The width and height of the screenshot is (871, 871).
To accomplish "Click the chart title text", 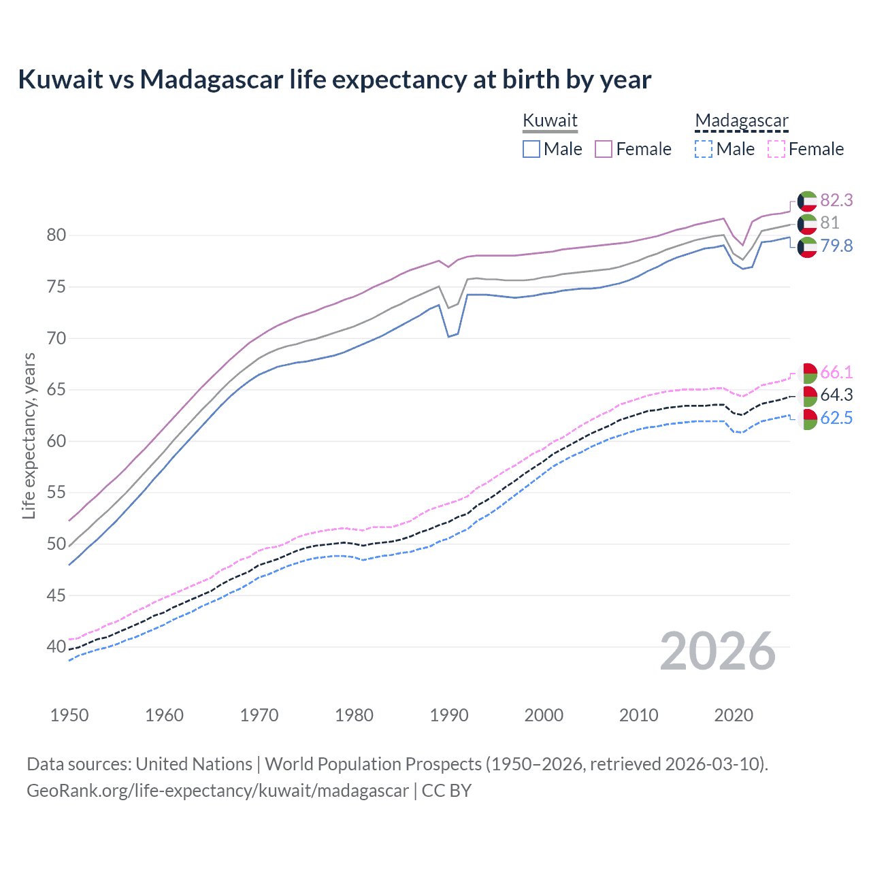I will point(334,80).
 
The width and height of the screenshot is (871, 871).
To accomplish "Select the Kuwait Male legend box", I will point(531,149).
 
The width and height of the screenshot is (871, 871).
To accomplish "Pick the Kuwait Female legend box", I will point(604,149).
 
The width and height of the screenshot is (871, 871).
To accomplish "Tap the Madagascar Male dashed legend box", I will point(704,149).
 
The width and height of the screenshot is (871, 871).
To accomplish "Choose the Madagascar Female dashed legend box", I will point(776,149).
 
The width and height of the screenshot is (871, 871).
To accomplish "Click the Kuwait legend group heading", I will point(550,120).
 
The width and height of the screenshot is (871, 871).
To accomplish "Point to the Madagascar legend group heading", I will point(741,120).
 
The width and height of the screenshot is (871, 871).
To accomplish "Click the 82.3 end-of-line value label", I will point(836,200).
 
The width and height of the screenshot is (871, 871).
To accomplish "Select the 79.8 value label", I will point(836,246).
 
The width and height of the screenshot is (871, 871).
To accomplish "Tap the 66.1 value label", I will point(836,372).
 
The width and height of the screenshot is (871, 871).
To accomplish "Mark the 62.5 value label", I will point(836,418).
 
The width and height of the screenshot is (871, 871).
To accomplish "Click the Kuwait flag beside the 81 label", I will point(807,223).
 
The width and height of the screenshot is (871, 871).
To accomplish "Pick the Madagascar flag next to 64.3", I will point(807,395).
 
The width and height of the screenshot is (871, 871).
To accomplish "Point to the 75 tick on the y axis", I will point(56,286).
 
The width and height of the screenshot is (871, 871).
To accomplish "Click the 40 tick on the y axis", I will point(56,646).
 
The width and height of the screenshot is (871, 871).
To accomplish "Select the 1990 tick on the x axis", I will point(449,715).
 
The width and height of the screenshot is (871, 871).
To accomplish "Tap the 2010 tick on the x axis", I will point(638,715).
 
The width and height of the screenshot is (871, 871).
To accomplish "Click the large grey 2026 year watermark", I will point(717,651).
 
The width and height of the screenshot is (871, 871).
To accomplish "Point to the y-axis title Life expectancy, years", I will point(29,435).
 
